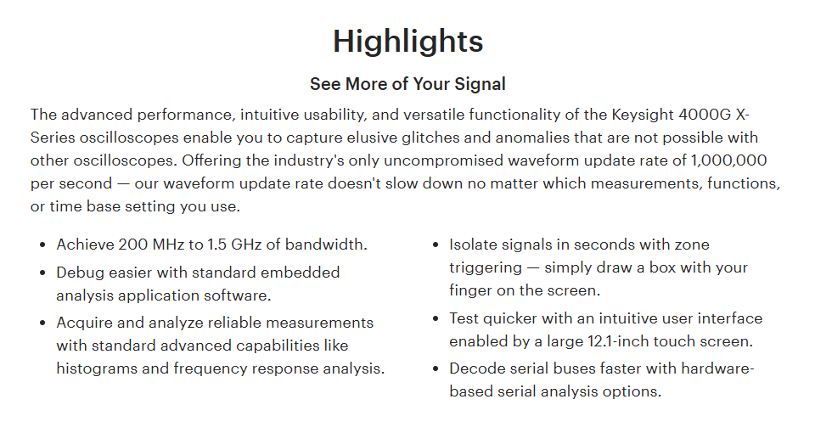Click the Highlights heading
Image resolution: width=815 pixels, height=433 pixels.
point(408,42)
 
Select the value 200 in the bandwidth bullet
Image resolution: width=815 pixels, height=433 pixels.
point(133,245)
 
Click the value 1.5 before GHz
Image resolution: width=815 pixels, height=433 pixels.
point(217,245)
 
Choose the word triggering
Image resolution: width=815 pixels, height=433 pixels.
point(486,267)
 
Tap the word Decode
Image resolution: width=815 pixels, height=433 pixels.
point(474,368)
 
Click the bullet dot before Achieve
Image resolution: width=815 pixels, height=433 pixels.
point(42,245)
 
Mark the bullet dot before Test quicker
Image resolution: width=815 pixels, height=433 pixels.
point(436,318)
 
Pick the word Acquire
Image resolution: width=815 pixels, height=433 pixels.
point(84,323)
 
